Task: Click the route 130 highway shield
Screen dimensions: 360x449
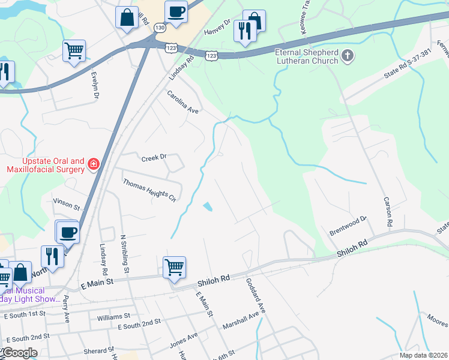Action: (159, 28)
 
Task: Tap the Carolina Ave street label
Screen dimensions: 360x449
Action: (182, 102)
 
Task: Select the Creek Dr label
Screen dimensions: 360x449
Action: (153, 158)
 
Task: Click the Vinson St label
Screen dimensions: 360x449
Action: (67, 203)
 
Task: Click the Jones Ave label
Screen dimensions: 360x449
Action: (183, 340)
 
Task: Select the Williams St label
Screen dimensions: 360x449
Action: (113, 316)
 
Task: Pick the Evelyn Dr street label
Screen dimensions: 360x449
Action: (95, 85)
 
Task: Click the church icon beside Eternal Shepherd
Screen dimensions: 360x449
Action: (347, 56)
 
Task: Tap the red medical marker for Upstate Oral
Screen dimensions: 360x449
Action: (93, 164)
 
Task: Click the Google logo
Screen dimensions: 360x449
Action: (19, 353)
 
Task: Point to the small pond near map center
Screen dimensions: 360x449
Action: (208, 206)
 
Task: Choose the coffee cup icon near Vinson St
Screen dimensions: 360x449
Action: (67, 232)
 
